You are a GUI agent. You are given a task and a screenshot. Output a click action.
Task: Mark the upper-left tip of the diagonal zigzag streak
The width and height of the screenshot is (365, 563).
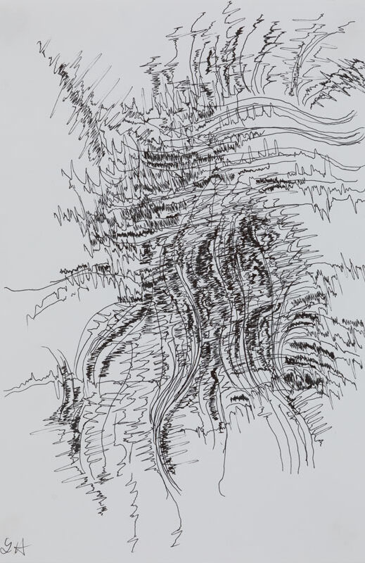(40, 44)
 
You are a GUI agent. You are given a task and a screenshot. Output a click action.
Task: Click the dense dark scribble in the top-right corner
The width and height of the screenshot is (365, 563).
(331, 88)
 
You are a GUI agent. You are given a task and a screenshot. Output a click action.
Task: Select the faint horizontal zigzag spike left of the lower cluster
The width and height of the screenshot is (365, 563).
(28, 384)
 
